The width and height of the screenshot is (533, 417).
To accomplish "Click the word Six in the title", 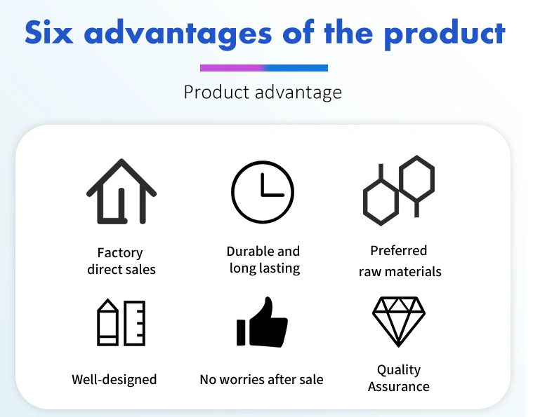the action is [49, 32].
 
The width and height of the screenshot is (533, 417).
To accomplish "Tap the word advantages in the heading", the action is [178, 34].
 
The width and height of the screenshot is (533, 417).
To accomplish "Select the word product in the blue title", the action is [445, 34].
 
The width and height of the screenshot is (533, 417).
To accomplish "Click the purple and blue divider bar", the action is [264, 68].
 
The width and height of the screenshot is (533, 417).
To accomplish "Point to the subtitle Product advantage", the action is [263, 93].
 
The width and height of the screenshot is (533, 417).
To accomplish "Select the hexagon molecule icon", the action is [399, 190].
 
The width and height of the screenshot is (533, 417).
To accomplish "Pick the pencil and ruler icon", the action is [121, 322].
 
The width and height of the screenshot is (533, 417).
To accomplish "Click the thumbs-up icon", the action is [262, 322].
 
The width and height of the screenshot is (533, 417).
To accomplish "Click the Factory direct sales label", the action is [121, 261].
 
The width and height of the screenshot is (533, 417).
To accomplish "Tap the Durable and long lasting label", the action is [263, 260].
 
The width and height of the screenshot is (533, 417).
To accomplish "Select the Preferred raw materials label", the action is [400, 261].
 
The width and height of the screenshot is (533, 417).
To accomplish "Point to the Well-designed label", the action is [114, 379].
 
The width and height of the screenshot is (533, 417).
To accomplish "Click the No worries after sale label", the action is [261, 379].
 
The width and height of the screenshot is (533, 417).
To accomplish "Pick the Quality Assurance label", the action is [399, 378].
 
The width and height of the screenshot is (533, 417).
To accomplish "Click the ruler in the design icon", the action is [135, 323].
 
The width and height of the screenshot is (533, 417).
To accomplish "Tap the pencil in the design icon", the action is [107, 322].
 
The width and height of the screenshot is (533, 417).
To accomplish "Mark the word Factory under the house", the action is [120, 254].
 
